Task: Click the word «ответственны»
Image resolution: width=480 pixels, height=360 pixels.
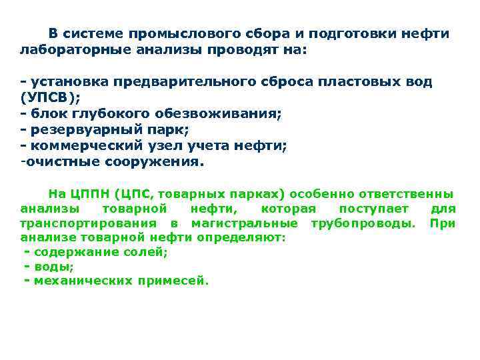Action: [407, 195]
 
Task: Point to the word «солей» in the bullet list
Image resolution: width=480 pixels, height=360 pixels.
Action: [149, 252]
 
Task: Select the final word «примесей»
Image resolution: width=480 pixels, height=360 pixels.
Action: [173, 281]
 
